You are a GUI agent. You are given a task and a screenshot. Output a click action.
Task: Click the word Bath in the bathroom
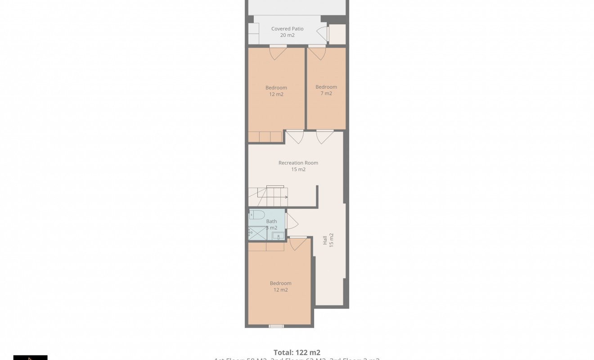(271, 221)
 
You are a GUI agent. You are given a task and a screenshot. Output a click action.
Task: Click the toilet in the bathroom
(258, 214)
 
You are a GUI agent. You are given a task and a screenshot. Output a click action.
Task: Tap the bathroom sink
(279, 236)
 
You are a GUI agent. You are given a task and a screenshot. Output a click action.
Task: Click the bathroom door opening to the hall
(291, 220)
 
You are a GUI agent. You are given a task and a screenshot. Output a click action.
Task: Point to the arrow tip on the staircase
(287, 197)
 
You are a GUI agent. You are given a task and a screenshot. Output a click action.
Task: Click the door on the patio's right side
(323, 34)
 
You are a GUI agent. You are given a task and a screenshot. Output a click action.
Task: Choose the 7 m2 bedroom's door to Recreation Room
(324, 136)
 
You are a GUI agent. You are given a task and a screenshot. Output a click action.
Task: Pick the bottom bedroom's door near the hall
(298, 243)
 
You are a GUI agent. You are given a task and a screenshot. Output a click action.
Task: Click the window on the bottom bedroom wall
(276, 326)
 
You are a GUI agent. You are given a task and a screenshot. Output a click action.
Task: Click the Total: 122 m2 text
(297, 353)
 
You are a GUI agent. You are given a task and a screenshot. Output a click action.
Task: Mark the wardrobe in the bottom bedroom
(266, 247)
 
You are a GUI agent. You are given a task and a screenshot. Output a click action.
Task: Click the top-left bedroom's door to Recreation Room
(295, 136)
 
